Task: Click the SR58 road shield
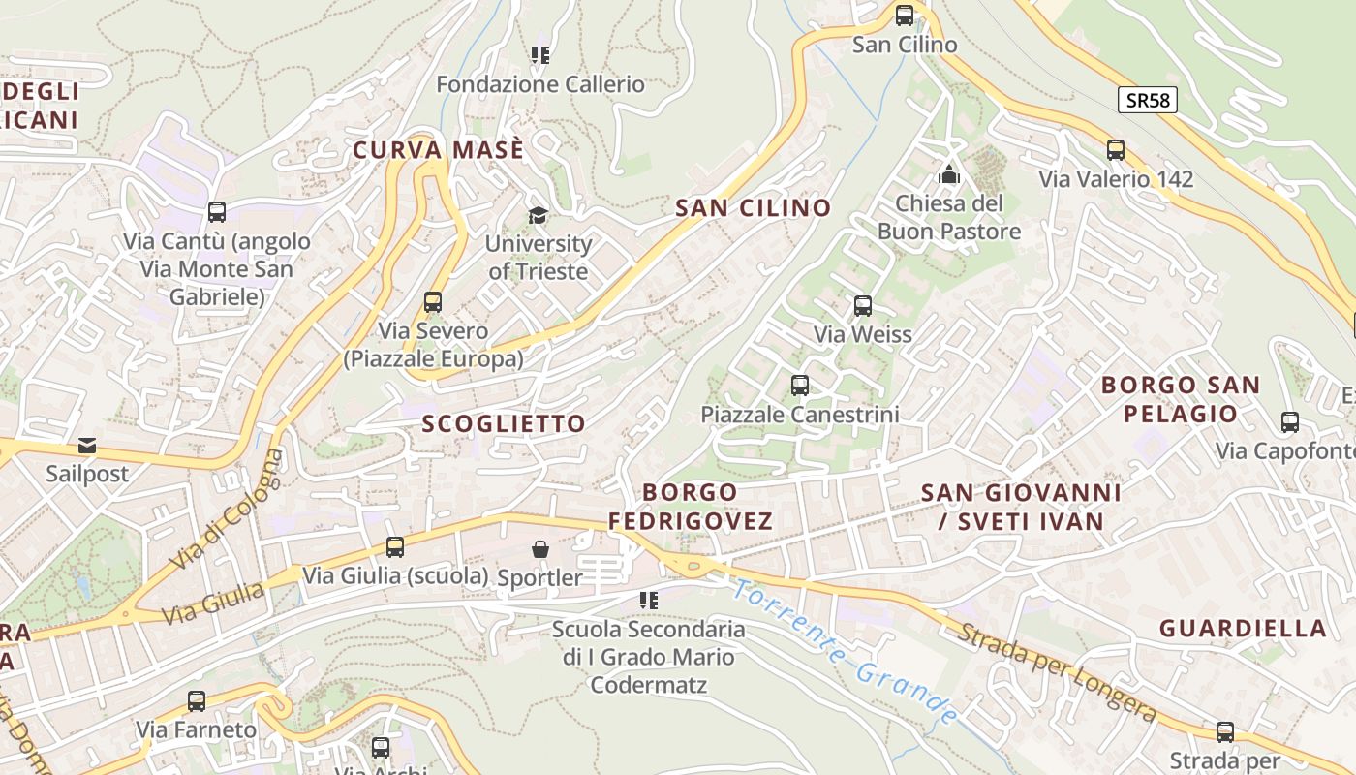tap(1148, 100)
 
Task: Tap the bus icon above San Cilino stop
tap(905, 15)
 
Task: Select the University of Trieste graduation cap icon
tap(538, 215)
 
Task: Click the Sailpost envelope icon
tap(87, 446)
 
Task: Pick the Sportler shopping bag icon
tap(540, 549)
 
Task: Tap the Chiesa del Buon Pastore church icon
tap(949, 175)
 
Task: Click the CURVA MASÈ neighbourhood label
tap(439, 150)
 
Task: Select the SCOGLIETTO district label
tap(504, 423)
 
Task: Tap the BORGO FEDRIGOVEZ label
tap(691, 507)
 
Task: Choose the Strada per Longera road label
tap(1058, 674)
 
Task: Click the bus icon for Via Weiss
tap(863, 306)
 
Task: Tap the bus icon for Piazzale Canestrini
tap(800, 386)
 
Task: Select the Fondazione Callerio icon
tap(540, 55)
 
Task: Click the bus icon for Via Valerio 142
tap(1116, 150)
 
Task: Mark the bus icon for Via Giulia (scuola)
tap(395, 547)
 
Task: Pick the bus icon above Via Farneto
tap(197, 701)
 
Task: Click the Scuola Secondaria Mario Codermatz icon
tap(649, 601)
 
